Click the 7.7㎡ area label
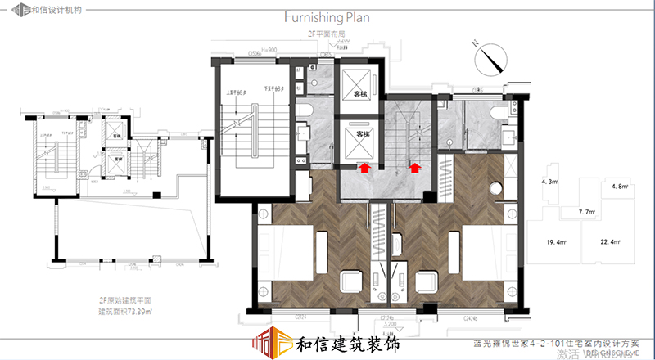click(586, 212)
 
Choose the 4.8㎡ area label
click(619, 187)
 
